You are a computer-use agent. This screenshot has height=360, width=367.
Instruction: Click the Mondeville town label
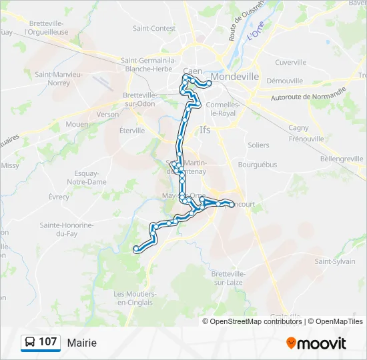234,77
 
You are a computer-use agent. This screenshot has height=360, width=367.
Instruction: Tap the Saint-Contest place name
154,29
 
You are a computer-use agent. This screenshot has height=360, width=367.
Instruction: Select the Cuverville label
290,62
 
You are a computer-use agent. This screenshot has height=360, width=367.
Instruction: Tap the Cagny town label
298,127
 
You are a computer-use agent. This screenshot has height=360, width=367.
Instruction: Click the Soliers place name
258,145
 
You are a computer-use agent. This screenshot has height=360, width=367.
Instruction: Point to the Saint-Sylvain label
335,261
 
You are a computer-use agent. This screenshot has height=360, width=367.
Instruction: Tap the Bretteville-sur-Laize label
229,278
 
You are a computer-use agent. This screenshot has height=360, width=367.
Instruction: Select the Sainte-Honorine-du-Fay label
65,229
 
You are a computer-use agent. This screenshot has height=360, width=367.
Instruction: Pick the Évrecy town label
59,197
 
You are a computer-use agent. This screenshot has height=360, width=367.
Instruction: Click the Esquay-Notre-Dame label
87,177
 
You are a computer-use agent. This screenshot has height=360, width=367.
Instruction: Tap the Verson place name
107,114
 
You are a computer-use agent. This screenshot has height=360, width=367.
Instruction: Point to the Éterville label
132,131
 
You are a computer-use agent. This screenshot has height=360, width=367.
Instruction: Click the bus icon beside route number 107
30,343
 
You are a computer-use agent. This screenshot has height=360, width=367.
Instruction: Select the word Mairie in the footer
81,343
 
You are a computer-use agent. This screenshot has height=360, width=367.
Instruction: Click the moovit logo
316,343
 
